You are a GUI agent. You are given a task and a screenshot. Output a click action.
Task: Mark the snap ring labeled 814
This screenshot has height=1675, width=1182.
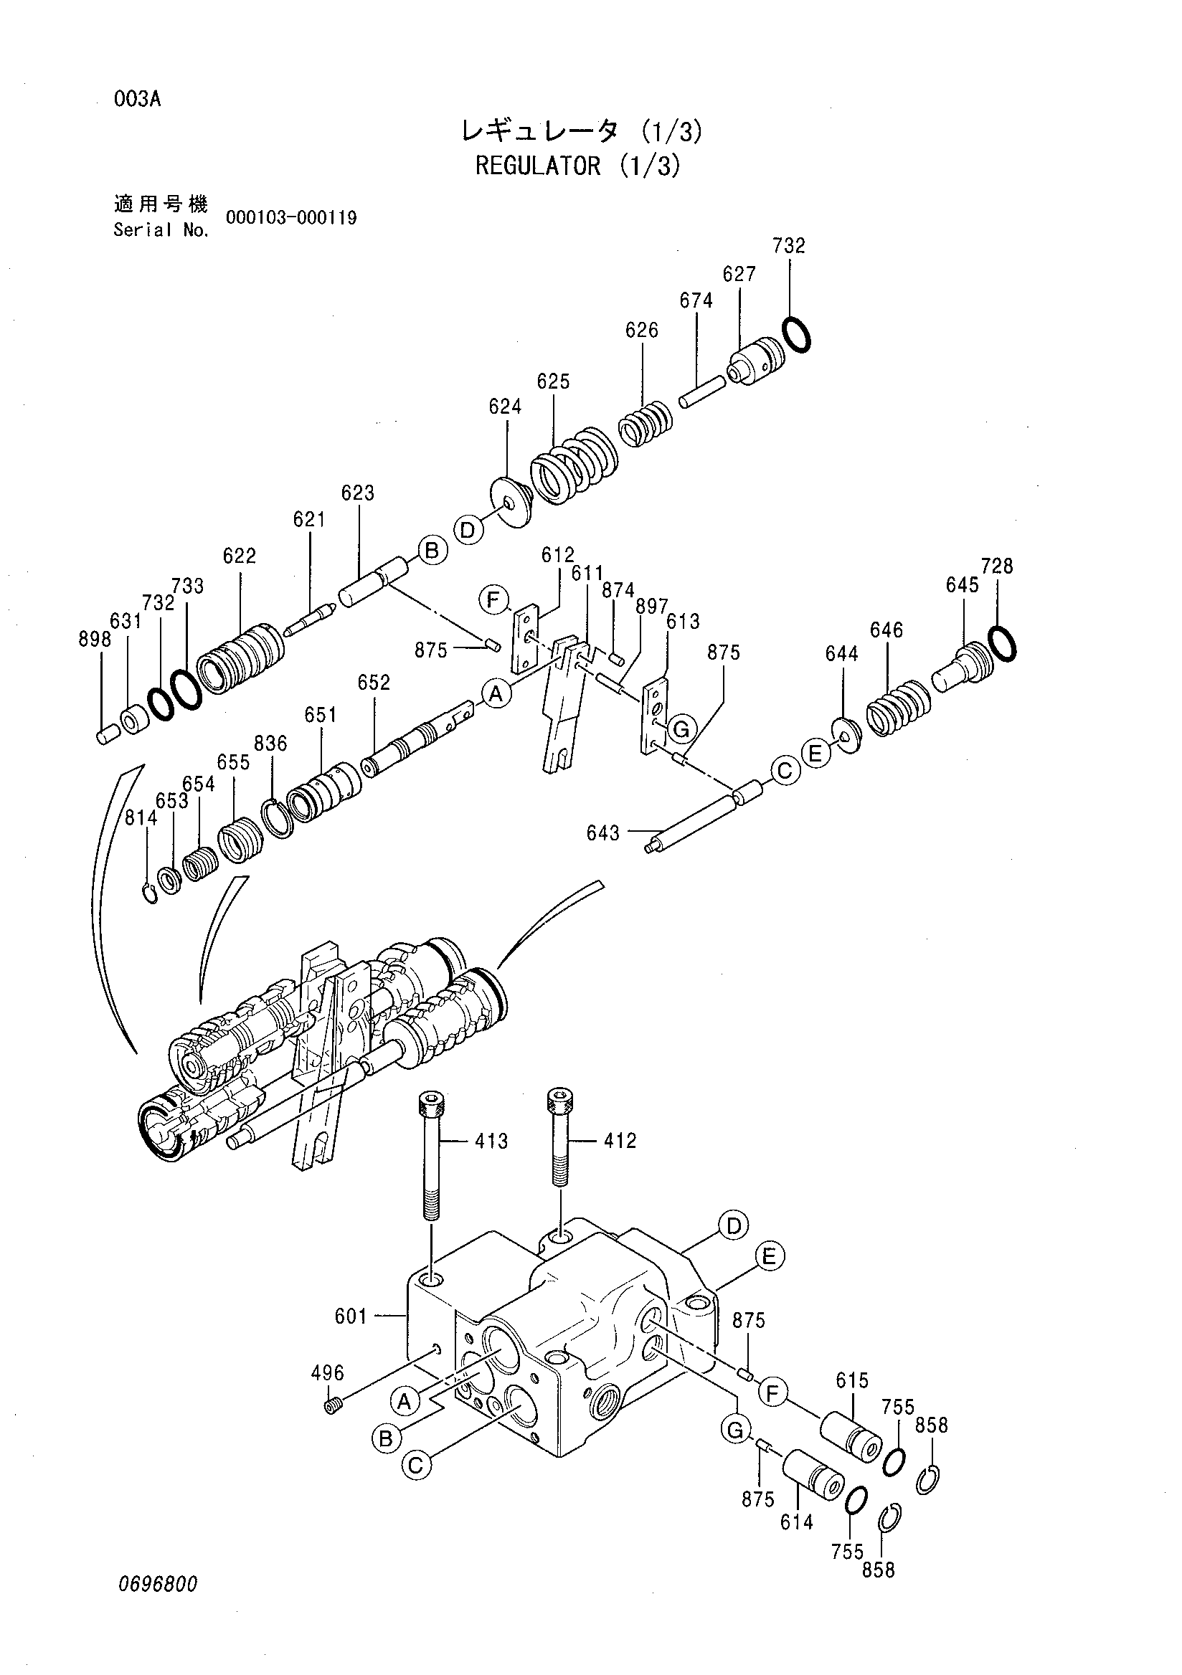(150, 891)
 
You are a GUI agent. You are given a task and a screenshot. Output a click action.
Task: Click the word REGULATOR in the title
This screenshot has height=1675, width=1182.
(538, 166)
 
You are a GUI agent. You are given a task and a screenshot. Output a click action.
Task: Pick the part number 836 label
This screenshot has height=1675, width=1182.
(270, 744)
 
